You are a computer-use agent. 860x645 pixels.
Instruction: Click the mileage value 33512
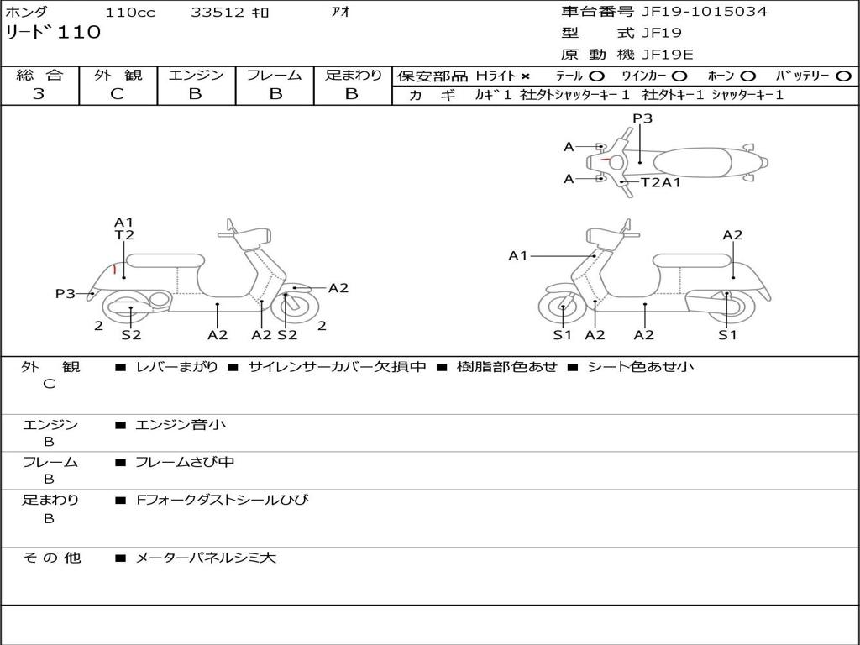[218, 13]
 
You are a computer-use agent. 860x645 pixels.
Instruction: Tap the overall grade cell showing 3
[39, 94]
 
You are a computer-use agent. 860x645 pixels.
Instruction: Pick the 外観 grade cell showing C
[118, 94]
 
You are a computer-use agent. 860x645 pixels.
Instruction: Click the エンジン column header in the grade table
[196, 76]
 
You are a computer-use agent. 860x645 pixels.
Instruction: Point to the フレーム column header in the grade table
[275, 76]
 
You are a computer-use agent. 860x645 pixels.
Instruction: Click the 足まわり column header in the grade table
[353, 76]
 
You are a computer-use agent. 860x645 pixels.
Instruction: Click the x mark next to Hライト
[525, 76]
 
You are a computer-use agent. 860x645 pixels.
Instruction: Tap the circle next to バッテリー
[843, 76]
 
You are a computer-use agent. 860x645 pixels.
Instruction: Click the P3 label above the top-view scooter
[642, 118]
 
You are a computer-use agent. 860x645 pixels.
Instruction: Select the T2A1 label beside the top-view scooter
[661, 182]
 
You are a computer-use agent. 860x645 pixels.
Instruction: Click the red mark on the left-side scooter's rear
[114, 270]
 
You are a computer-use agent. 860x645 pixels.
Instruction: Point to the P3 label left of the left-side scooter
[66, 293]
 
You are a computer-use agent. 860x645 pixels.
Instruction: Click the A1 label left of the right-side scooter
[517, 255]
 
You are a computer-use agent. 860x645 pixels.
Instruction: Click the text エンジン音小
[180, 425]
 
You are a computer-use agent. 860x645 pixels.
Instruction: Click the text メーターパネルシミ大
[205, 558]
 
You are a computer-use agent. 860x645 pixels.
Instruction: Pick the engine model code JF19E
[667, 55]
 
